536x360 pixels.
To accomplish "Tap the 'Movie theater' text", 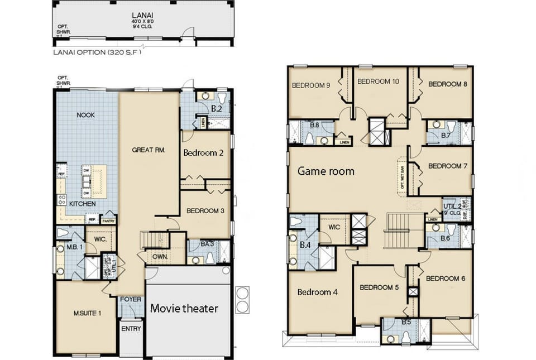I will (184, 308).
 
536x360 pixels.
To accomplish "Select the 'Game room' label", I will (326, 171).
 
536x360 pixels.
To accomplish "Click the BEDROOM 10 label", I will (378, 81).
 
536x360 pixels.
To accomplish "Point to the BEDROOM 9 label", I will (311, 85).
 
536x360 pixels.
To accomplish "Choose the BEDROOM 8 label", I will (448, 84).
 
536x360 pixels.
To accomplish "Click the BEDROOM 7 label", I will (448, 166).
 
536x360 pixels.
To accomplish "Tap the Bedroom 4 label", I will (317, 292).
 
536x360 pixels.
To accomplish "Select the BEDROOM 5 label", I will (379, 287).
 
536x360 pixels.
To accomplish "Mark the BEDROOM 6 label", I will (446, 278).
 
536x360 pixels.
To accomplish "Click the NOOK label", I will (85, 114).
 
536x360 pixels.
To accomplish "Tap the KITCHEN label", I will (83, 204).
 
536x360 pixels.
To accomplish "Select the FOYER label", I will (131, 299).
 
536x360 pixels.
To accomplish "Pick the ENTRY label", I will (131, 329).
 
